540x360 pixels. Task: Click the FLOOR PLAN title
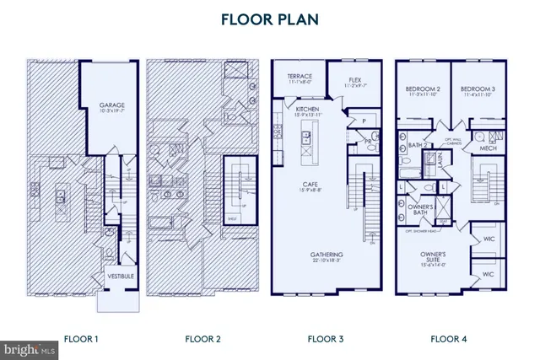269,19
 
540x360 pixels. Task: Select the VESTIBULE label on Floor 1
116,276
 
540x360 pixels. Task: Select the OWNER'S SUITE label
436,257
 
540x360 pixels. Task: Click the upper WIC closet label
488,240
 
